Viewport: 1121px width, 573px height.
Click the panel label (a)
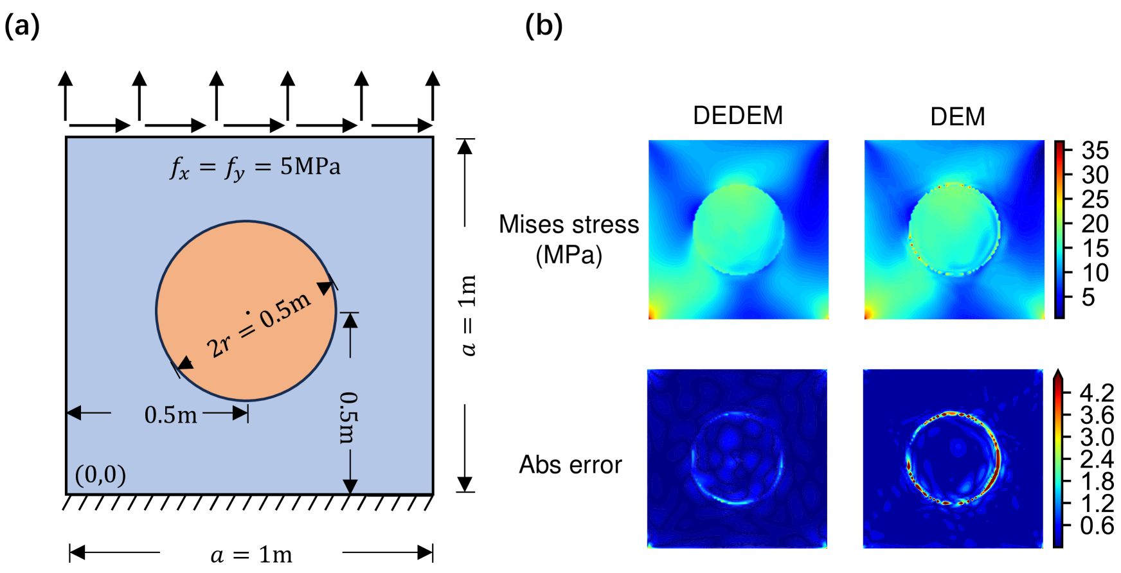point(22,27)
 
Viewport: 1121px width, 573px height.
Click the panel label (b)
point(544,27)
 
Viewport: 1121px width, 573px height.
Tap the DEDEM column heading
point(738,116)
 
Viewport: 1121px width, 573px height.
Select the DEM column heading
point(957,117)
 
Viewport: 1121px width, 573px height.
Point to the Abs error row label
point(570,464)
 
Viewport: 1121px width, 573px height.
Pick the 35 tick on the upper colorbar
point(1095,151)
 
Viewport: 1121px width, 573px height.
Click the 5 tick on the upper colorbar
point(1088,297)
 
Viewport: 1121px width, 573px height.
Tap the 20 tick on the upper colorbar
point(1095,224)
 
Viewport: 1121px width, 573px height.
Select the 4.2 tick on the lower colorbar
point(1097,392)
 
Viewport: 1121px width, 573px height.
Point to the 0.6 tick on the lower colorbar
point(1097,525)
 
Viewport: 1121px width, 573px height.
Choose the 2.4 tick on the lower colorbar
point(1097,459)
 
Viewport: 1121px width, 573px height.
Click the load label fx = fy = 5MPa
point(255,168)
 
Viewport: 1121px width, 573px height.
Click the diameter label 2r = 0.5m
point(258,325)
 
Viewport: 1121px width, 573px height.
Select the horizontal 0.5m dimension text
point(170,415)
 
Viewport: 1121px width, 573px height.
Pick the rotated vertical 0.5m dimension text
point(348,418)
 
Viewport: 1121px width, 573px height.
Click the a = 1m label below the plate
point(251,554)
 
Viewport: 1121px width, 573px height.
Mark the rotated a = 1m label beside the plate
point(469,315)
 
